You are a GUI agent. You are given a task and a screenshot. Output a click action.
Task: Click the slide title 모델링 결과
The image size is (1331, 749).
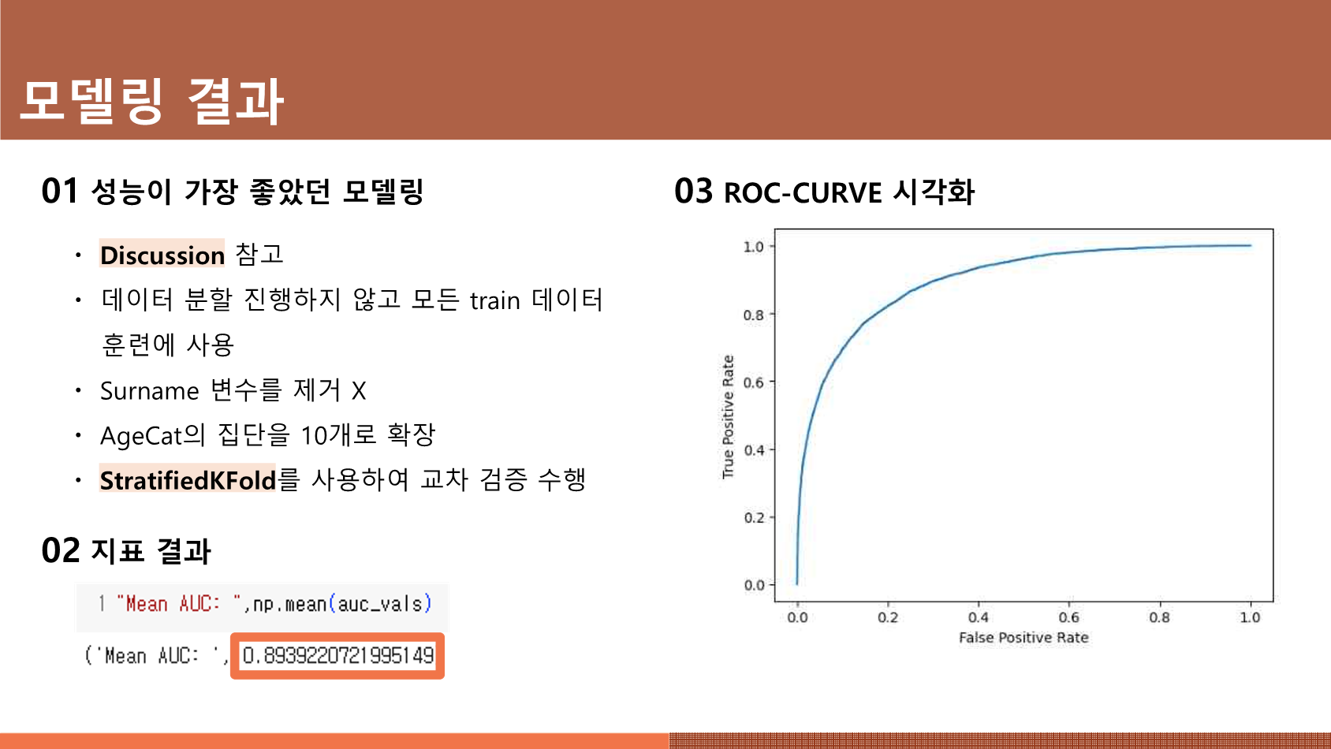pos(152,101)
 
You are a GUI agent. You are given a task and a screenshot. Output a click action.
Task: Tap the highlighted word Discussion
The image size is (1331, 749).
pos(162,255)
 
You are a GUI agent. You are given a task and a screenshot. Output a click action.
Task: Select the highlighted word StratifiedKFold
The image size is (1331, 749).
pos(188,480)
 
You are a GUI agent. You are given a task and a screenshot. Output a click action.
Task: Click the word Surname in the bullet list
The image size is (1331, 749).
pos(149,391)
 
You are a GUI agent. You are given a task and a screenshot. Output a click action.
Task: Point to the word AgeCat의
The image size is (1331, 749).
pos(153,436)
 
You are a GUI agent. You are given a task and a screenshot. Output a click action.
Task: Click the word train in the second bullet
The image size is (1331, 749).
pos(495,301)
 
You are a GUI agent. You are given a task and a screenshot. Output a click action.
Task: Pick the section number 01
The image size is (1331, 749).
pos(59,191)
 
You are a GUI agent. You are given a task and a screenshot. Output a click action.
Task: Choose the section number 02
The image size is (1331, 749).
pos(60,550)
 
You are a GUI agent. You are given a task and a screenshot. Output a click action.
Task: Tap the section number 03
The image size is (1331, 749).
pos(693,192)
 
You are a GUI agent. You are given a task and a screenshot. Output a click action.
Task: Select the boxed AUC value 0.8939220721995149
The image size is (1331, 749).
pos(337,656)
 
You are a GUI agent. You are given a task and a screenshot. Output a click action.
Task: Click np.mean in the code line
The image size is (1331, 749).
pos(289,604)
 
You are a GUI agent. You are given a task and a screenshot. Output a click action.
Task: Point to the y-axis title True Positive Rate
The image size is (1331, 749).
pos(728,416)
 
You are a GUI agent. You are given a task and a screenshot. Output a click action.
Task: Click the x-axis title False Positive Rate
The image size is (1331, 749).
pos(1023,637)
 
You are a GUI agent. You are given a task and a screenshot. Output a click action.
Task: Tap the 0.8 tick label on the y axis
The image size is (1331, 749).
pos(754,315)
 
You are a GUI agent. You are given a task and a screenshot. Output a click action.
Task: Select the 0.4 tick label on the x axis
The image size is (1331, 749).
pos(978,618)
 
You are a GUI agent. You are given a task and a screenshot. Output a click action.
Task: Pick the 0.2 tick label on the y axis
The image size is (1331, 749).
pos(754,518)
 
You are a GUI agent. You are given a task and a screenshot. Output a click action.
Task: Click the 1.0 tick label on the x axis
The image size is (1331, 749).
pos(1250,618)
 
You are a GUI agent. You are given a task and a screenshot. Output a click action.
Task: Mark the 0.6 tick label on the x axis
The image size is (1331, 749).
pos(1069,618)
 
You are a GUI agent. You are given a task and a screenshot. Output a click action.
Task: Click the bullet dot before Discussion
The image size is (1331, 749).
pos(78,255)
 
